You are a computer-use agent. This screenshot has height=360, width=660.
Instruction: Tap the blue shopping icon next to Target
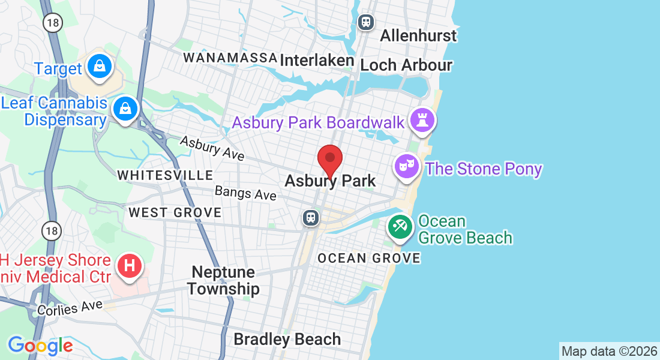[99, 67]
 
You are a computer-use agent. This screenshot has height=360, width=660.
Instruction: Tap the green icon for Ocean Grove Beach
[400, 227]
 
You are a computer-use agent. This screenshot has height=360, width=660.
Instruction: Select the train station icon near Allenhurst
[365, 23]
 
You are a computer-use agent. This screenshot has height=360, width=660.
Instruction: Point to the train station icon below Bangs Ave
[311, 217]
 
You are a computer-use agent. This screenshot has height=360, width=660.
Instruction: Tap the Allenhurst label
[418, 35]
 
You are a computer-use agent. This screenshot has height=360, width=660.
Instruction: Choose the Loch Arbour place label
[406, 65]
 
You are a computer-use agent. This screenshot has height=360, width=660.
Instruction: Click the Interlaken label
[317, 61]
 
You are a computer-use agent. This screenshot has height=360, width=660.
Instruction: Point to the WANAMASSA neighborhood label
[230, 58]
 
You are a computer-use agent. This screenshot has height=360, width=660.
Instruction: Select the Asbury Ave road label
[212, 148]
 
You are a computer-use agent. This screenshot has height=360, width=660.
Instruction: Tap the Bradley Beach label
[287, 339]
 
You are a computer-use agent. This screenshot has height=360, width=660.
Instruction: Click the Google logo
[40, 346]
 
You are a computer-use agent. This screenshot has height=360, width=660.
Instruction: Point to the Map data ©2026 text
[608, 351]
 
